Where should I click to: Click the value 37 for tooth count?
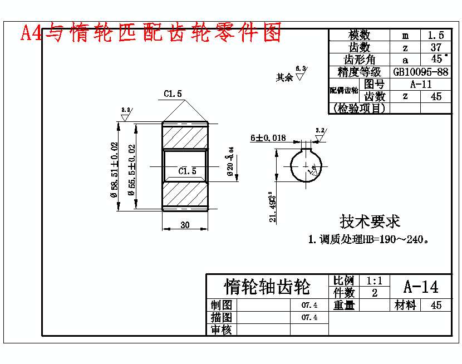pos(436,47)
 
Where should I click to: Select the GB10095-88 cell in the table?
pos(420,72)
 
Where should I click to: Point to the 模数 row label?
pos(359,35)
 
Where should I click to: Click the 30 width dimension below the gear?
pos(185,224)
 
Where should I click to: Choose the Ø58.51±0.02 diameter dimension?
pos(115,170)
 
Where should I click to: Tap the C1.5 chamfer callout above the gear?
pos(173,94)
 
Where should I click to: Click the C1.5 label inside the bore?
pos(187,171)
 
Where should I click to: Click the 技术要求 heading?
pos(370,221)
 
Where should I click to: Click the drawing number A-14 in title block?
pos(420,287)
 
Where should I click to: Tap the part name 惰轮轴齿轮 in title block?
pos(267,287)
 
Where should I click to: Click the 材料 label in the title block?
pos(405,305)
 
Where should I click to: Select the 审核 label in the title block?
pos(222,329)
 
